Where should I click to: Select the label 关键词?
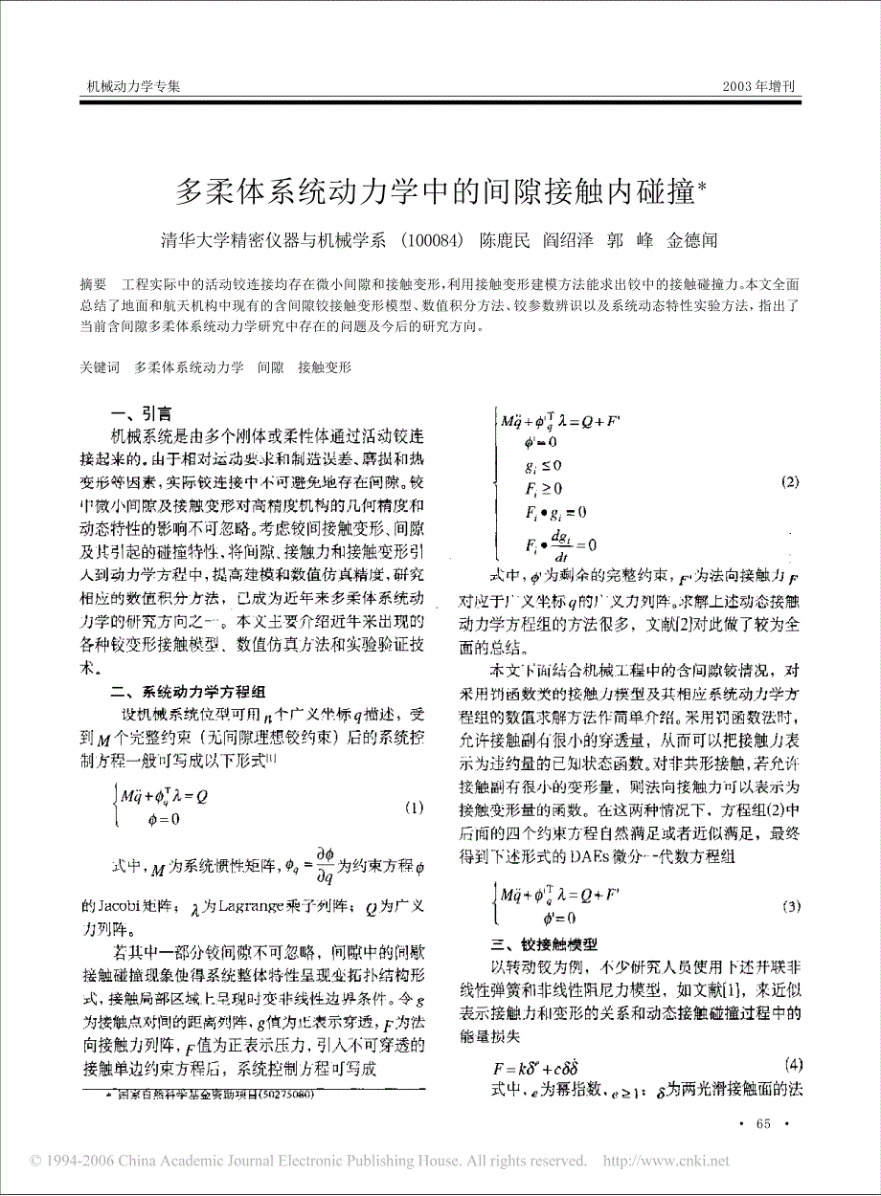click(100, 366)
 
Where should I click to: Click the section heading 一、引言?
click(142, 413)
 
